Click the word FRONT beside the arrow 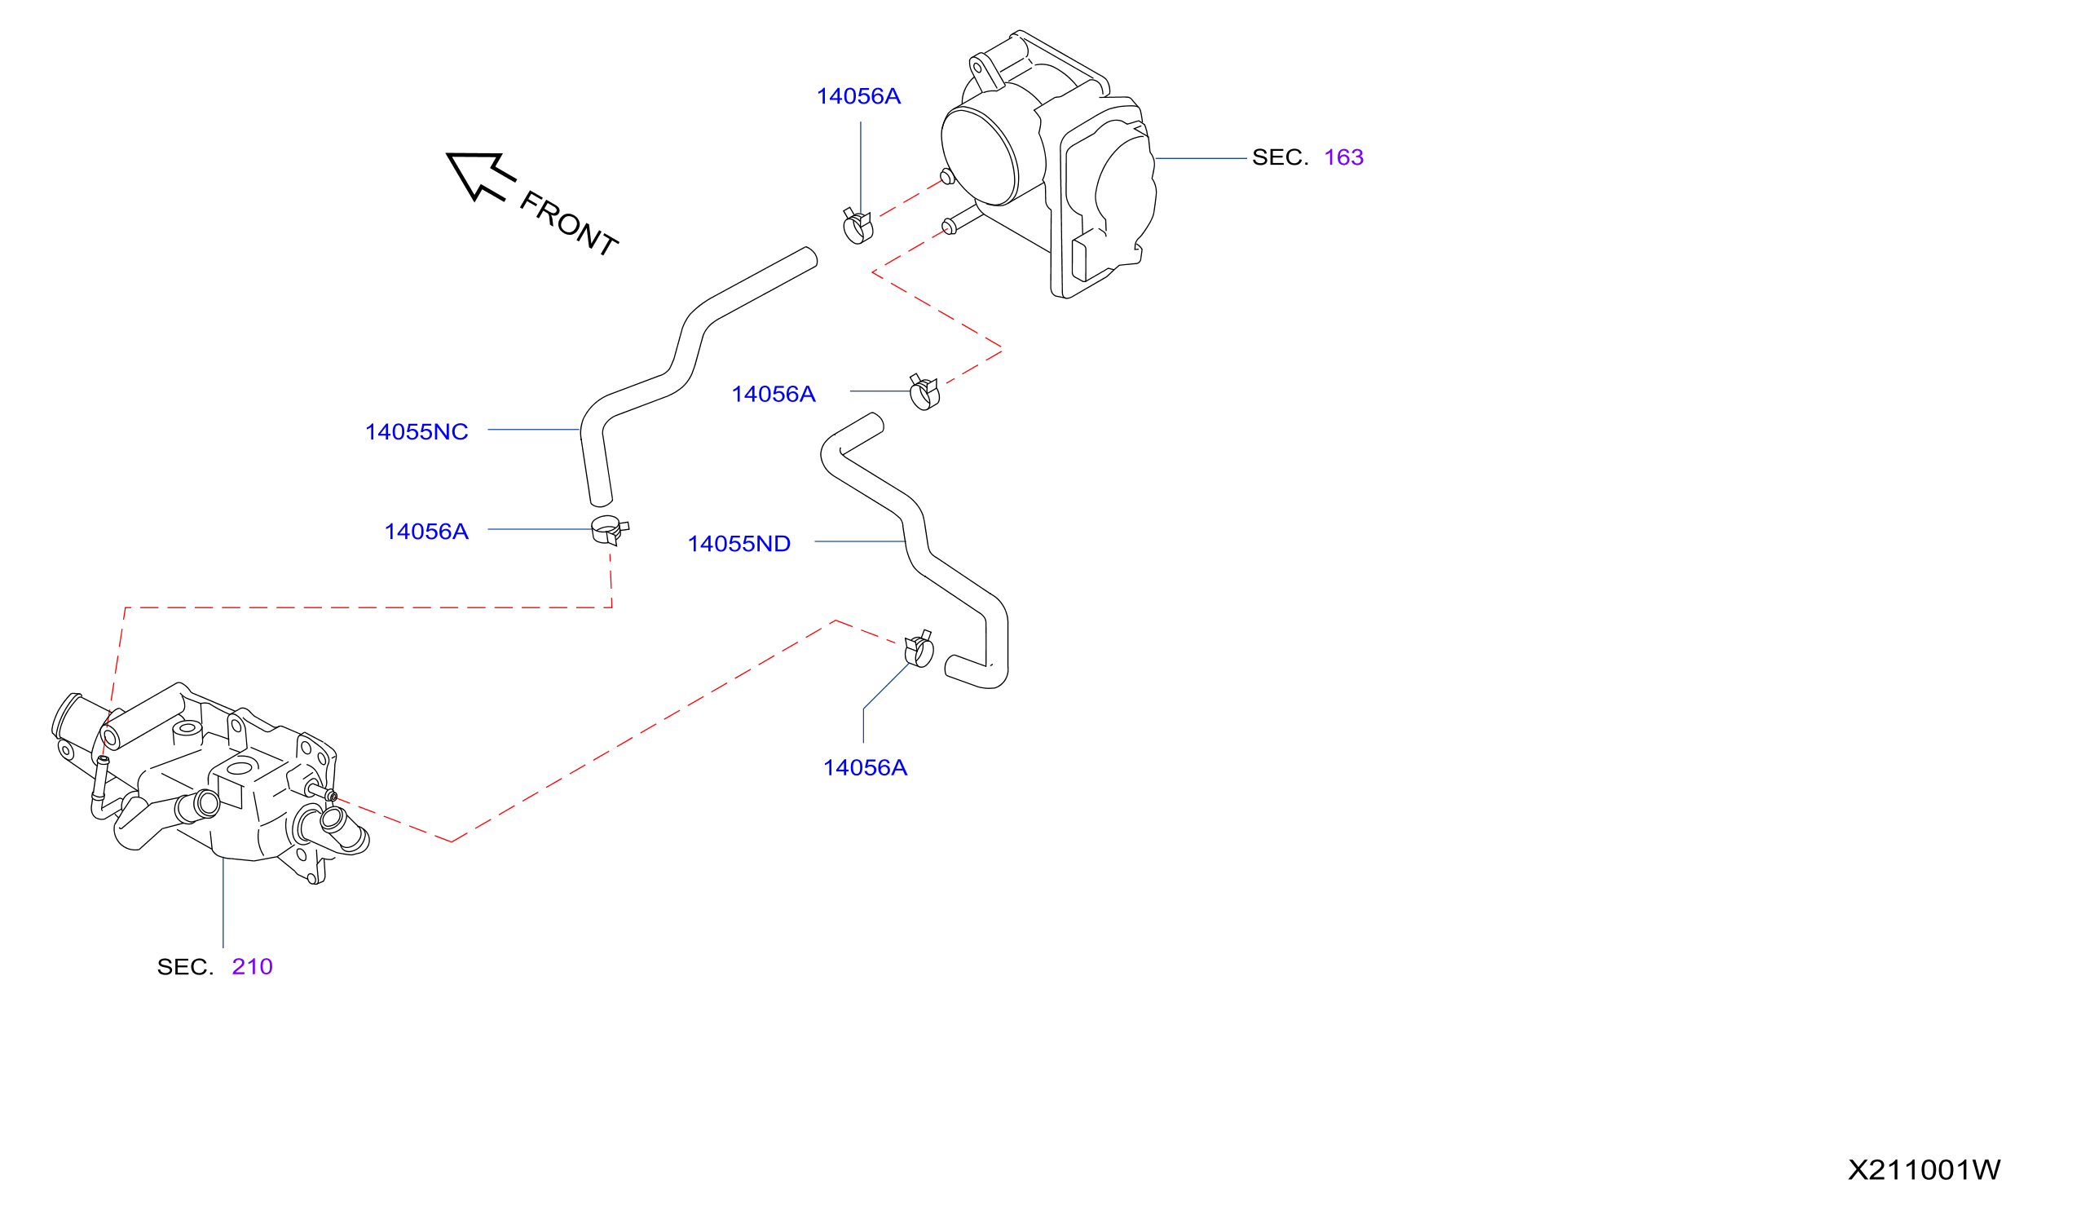[x=568, y=224]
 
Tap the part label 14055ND [x=739, y=545]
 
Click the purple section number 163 [x=1343, y=157]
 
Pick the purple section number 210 [x=252, y=967]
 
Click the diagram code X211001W [x=1924, y=1170]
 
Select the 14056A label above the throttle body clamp [x=859, y=97]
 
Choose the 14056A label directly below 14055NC [x=426, y=532]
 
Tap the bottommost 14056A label [x=866, y=768]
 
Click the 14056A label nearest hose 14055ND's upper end [x=774, y=395]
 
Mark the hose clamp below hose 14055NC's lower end [x=610, y=529]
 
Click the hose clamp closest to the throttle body [x=858, y=226]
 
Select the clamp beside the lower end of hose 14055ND [x=919, y=648]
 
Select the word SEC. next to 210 [x=185, y=967]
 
